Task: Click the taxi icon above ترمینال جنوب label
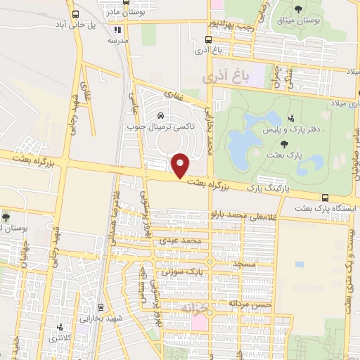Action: pyautogui.click(x=161, y=115)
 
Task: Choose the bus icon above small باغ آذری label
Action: pyautogui.click(x=209, y=40)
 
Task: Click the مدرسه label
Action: pyautogui.click(x=116, y=41)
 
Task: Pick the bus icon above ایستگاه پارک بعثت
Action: pyautogui.click(x=324, y=198)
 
